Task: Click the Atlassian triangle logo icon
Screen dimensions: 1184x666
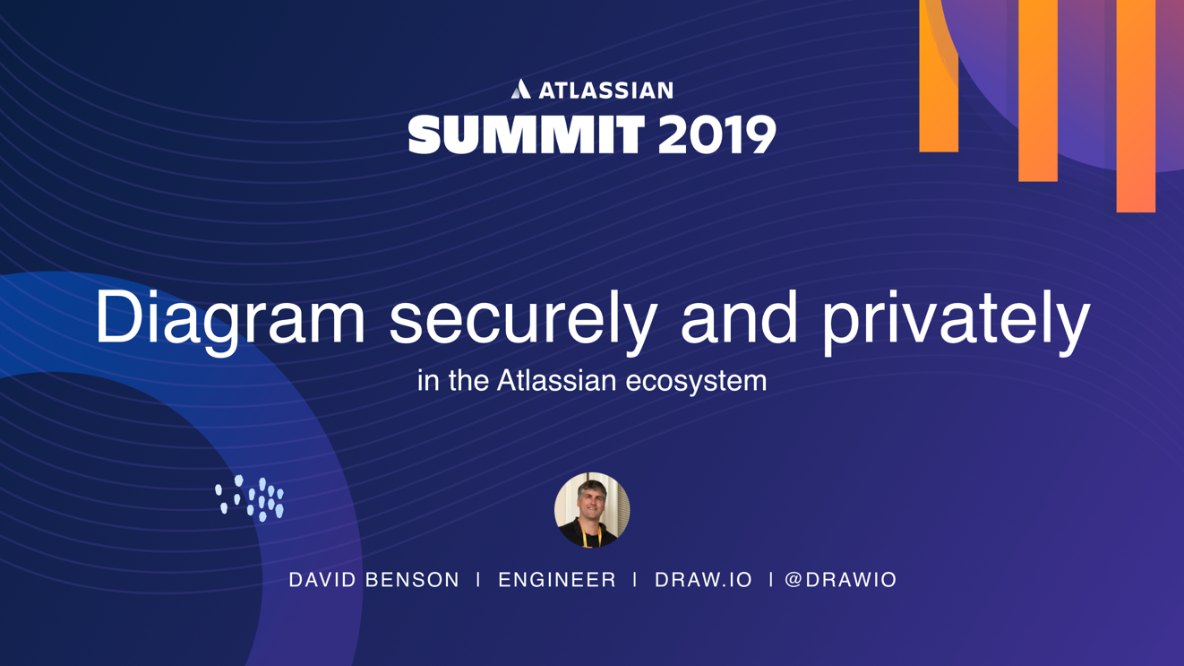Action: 520,89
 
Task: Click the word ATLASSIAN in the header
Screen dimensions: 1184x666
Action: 605,91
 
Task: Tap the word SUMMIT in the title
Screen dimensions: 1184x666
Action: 527,134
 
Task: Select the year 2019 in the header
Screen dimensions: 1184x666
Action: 716,134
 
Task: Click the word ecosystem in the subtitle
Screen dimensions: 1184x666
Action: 696,382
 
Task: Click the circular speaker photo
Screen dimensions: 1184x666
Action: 592,510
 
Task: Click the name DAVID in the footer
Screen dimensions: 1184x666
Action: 322,580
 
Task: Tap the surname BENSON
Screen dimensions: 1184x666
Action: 412,580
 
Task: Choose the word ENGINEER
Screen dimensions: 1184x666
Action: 557,580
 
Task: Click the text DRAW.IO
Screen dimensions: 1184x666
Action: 703,580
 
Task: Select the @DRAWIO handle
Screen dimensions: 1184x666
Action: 840,580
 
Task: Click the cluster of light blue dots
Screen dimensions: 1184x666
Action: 250,498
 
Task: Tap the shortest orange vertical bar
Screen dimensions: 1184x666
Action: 939,76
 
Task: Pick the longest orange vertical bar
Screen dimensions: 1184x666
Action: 1136,106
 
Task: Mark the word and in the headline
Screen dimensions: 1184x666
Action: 739,317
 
